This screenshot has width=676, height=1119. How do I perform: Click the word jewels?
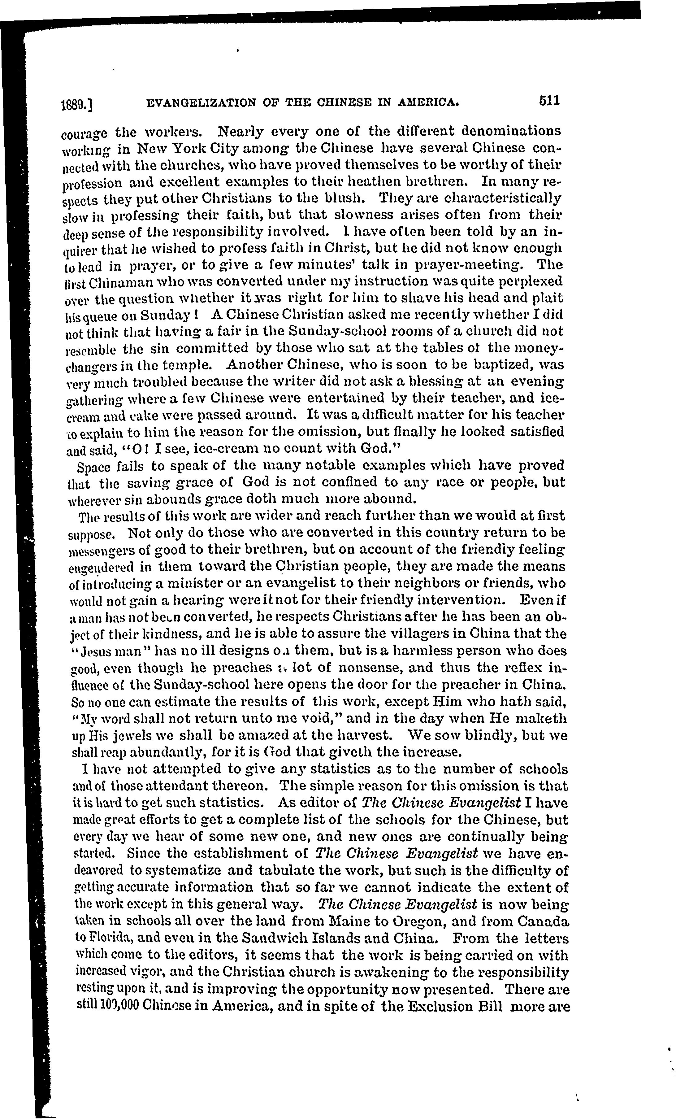126,736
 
